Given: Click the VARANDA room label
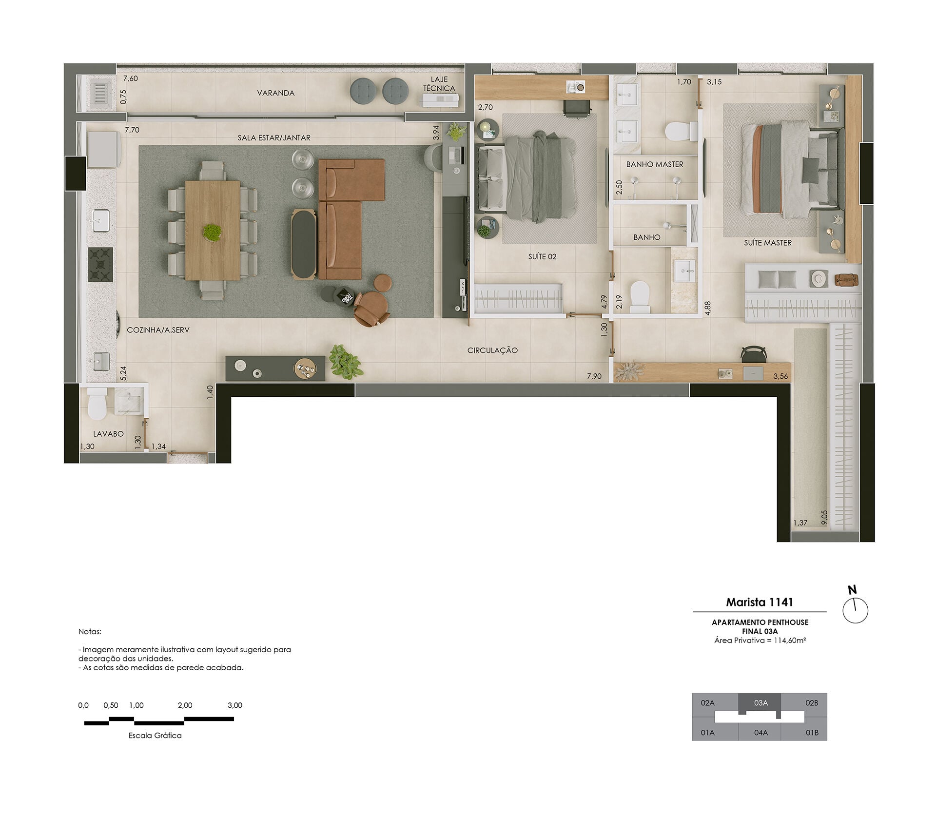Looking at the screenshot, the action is pyautogui.click(x=275, y=93).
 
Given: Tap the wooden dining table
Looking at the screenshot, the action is pyautogui.click(x=213, y=231).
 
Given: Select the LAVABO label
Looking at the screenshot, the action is pyautogui.click(x=108, y=434).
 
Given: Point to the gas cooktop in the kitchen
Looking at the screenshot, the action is pyautogui.click(x=100, y=265).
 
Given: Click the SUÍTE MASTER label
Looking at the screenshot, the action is pyautogui.click(x=768, y=243).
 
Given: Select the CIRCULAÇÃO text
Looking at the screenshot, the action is pyautogui.click(x=492, y=350).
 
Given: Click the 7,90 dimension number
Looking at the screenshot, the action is pyautogui.click(x=594, y=376).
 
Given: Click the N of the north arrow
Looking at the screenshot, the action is pyautogui.click(x=852, y=590).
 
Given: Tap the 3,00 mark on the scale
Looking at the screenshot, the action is pyautogui.click(x=235, y=705).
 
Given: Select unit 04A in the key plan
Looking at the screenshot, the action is pyautogui.click(x=761, y=733).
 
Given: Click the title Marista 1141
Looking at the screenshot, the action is pyautogui.click(x=760, y=602).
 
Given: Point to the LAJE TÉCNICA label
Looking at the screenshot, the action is pyautogui.click(x=439, y=84).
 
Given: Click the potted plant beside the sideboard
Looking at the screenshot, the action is pyautogui.click(x=345, y=362).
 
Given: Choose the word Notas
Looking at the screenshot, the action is pyautogui.click(x=90, y=632).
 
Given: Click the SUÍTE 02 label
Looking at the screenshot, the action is pyautogui.click(x=542, y=257).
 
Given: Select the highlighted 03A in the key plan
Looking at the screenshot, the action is pyautogui.click(x=761, y=703).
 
